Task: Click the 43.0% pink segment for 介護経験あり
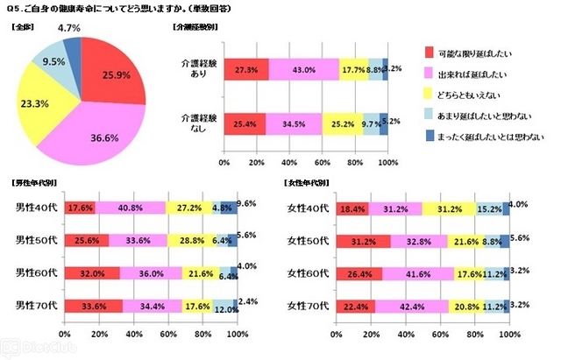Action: [x=303, y=68]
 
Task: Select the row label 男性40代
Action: [x=35, y=208]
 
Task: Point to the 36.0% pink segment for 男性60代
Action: [x=150, y=272]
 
